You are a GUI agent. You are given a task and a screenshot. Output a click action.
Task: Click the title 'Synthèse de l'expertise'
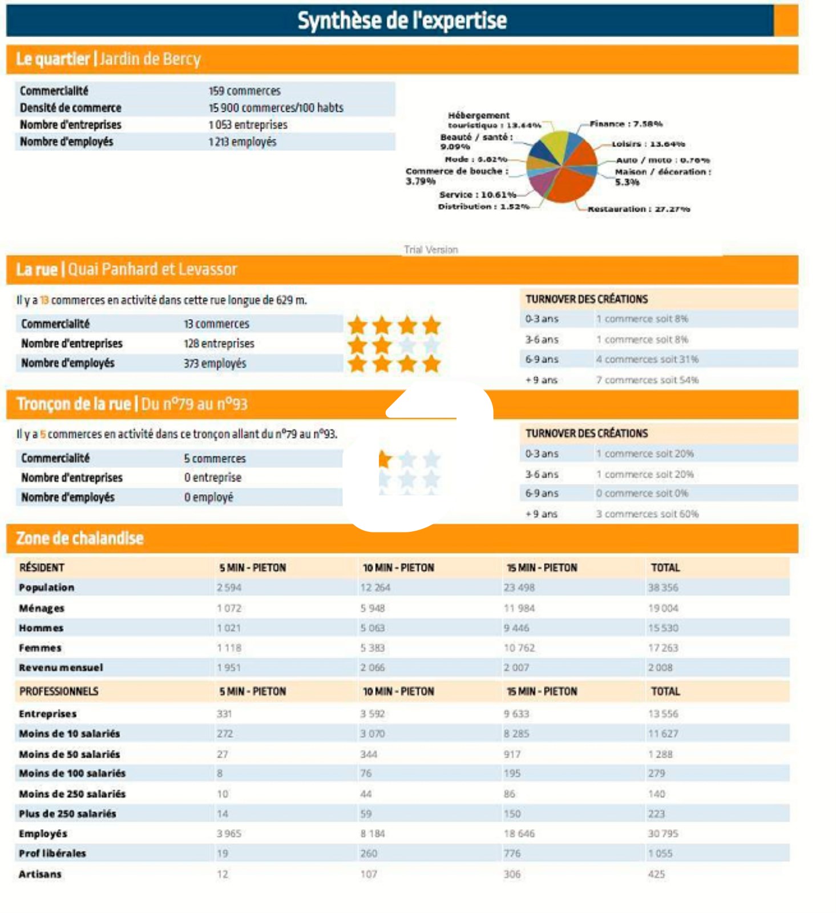click(402, 21)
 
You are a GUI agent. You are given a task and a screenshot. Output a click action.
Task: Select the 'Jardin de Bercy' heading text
click(150, 59)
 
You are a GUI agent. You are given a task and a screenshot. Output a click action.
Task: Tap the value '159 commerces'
click(244, 91)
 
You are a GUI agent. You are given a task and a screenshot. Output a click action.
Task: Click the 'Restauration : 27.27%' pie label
click(639, 209)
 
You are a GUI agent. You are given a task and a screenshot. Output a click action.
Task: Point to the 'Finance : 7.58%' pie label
click(625, 124)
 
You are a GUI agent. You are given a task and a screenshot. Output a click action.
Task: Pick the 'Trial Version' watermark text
click(431, 249)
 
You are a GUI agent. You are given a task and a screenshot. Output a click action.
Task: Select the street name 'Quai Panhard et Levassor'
click(152, 269)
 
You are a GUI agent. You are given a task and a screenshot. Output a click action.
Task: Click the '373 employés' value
click(215, 363)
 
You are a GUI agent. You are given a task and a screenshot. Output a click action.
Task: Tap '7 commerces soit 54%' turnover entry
click(647, 380)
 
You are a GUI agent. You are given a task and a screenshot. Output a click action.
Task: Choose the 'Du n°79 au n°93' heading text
click(194, 405)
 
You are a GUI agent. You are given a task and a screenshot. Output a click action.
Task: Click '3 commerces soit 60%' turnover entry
click(647, 514)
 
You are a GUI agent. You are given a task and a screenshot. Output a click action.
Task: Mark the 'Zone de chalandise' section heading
click(80, 538)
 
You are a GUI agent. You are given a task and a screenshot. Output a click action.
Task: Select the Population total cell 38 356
click(663, 588)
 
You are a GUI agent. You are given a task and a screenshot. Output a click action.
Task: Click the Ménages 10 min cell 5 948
click(372, 608)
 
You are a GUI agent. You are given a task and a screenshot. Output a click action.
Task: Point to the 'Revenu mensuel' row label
click(61, 668)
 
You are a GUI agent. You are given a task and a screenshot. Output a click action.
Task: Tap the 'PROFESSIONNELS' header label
click(59, 692)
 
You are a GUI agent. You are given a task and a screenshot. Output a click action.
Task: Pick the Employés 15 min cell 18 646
click(519, 834)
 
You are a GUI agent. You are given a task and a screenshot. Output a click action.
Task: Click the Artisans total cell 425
click(656, 874)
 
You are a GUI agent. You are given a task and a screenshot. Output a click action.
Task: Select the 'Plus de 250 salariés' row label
click(67, 814)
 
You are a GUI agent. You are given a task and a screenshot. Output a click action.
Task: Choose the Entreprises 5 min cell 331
click(224, 714)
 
